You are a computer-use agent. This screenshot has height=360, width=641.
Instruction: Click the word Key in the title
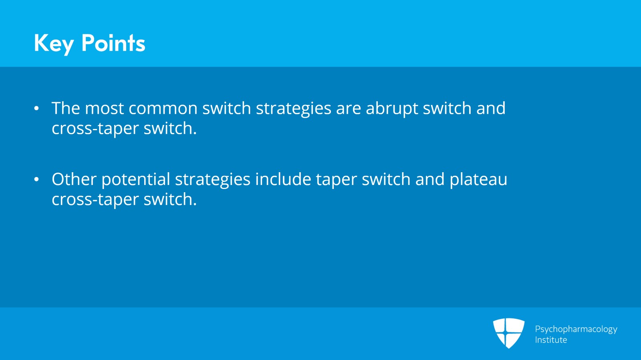click(54, 43)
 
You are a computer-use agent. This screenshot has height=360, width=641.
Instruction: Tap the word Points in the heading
click(113, 43)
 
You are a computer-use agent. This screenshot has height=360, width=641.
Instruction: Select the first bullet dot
click(36, 109)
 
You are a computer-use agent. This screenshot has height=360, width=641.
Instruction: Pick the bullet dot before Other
click(36, 179)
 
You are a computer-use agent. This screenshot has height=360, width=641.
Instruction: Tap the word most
click(104, 109)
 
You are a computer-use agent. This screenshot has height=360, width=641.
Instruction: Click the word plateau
click(478, 179)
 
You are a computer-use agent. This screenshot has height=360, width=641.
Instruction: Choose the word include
click(283, 179)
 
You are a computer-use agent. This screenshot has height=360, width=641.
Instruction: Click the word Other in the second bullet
click(74, 179)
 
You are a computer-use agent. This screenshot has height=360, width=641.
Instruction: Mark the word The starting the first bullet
click(66, 108)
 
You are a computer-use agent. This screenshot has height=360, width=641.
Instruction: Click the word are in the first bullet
click(348, 109)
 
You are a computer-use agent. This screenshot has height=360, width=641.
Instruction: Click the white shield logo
click(508, 332)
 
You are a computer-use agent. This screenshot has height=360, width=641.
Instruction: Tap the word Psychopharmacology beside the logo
click(576, 329)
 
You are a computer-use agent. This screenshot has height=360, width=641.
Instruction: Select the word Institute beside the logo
click(551, 340)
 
